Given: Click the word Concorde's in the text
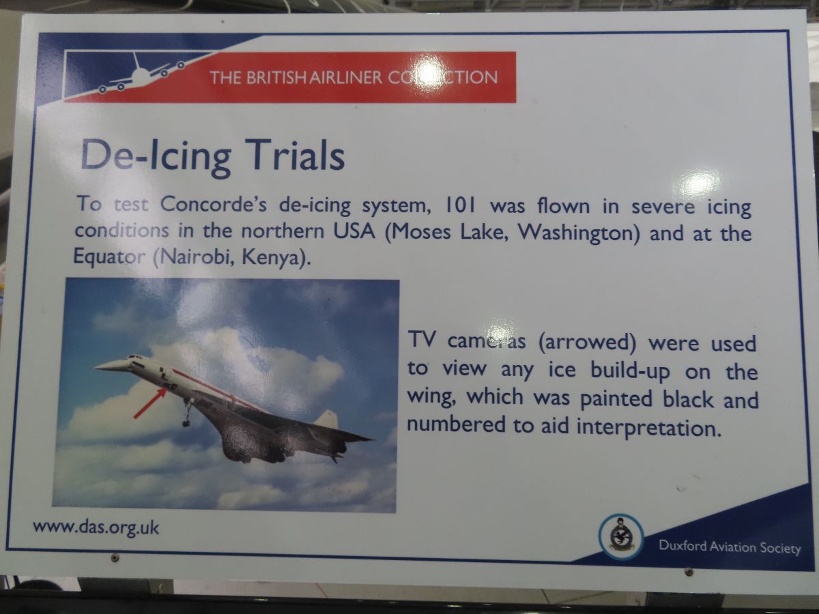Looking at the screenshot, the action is click(214, 204).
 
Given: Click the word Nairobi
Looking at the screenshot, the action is click(194, 257).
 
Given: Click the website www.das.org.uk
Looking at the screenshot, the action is click(96, 528).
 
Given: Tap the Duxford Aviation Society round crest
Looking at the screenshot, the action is click(620, 537).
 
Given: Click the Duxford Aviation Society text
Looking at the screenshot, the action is click(730, 547).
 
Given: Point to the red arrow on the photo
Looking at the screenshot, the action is click(150, 403).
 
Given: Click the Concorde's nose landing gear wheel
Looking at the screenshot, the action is click(186, 423).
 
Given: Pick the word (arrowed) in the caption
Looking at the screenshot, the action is click(587, 342).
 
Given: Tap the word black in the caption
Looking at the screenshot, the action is click(688, 398).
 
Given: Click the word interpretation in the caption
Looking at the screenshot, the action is click(648, 428).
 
